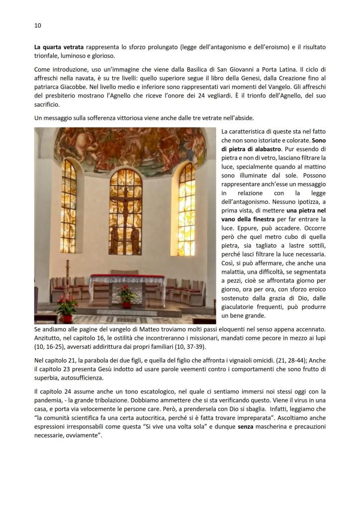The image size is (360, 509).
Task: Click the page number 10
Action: click(38, 25)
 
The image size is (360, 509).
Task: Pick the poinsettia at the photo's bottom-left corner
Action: click(66, 305)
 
